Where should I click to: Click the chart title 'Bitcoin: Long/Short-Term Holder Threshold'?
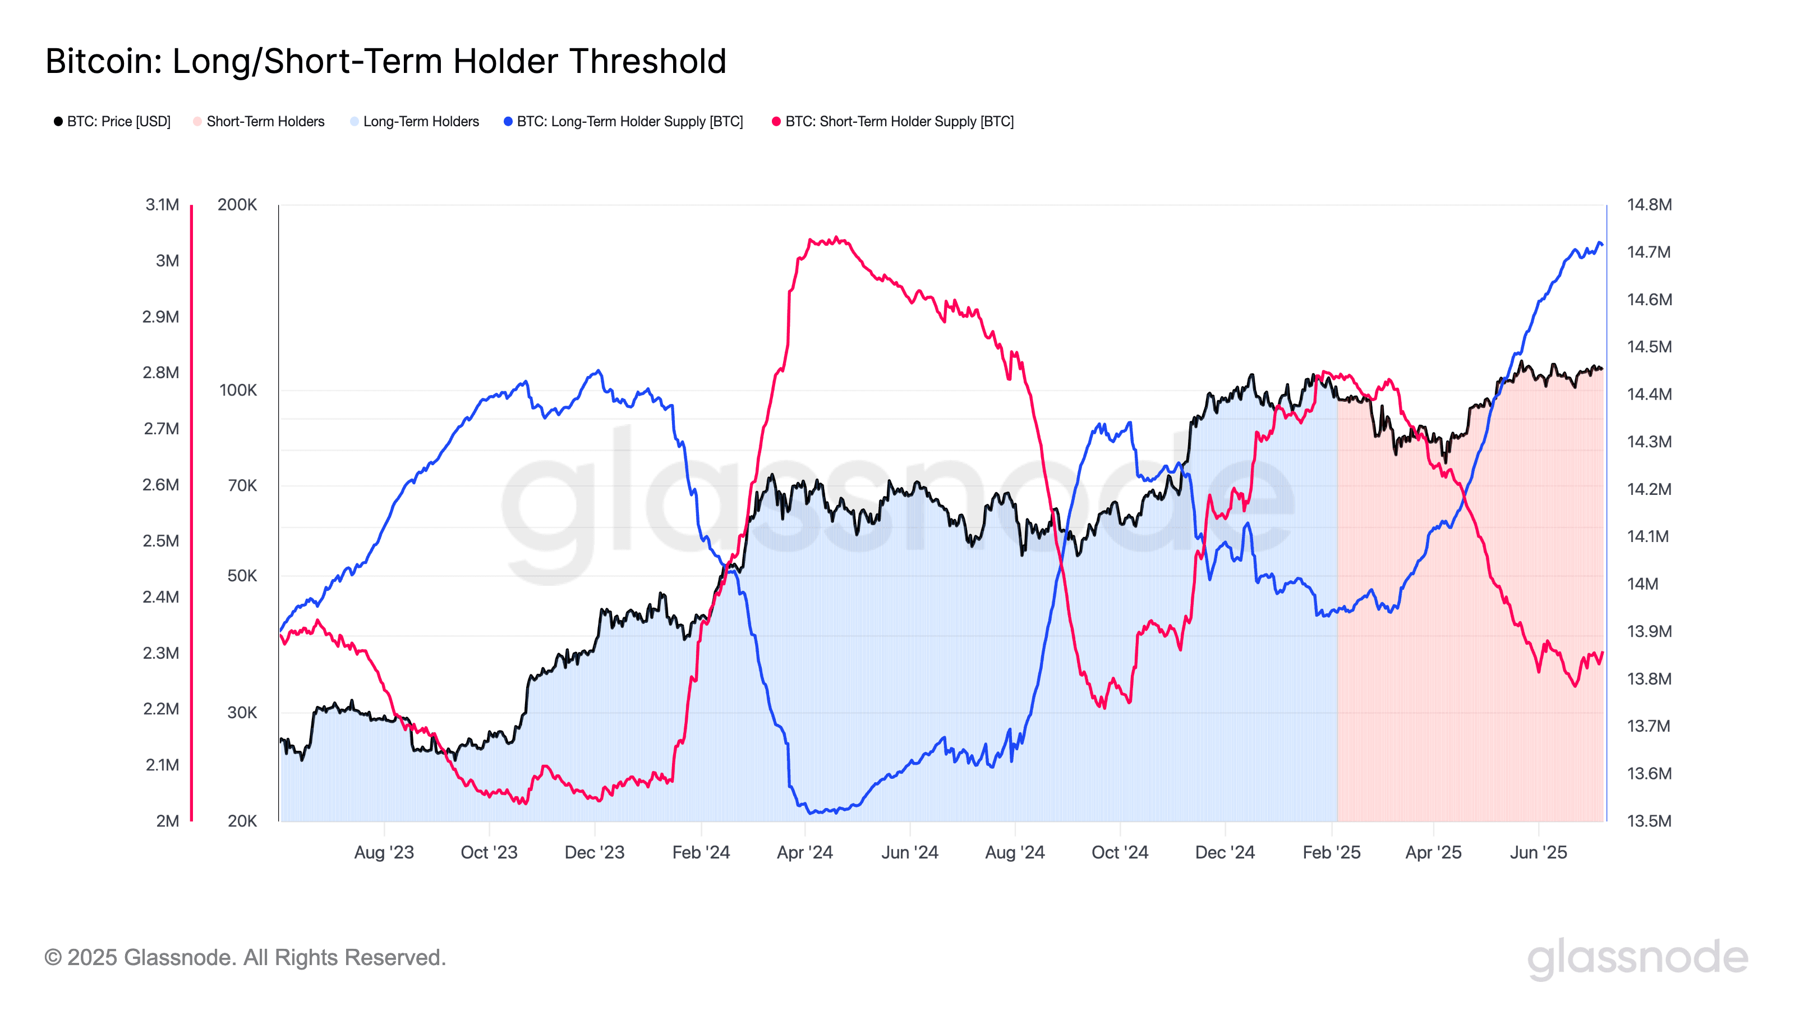coord(385,61)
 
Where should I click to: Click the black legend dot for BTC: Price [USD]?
coord(58,121)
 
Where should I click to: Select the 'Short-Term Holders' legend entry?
coord(265,121)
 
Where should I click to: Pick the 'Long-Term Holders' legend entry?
coord(421,121)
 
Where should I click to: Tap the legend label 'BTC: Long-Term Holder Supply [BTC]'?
coord(629,121)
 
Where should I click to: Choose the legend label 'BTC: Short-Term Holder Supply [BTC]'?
coord(899,121)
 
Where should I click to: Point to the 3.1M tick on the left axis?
coord(162,205)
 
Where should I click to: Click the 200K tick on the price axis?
coord(237,205)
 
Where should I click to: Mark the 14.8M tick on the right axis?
coord(1649,205)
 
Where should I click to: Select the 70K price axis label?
coord(242,485)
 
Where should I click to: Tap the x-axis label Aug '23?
coord(384,852)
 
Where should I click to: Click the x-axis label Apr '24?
coord(805,852)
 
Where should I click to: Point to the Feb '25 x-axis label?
coord(1331,852)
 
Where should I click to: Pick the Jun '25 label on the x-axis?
coord(1538,852)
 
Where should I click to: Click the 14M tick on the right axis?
coord(1642,584)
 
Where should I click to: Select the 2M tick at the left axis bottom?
coord(167,821)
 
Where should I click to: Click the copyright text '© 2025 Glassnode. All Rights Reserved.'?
coord(245,958)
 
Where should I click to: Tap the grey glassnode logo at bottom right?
coord(1637,958)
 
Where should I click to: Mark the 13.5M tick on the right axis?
coord(1649,821)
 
